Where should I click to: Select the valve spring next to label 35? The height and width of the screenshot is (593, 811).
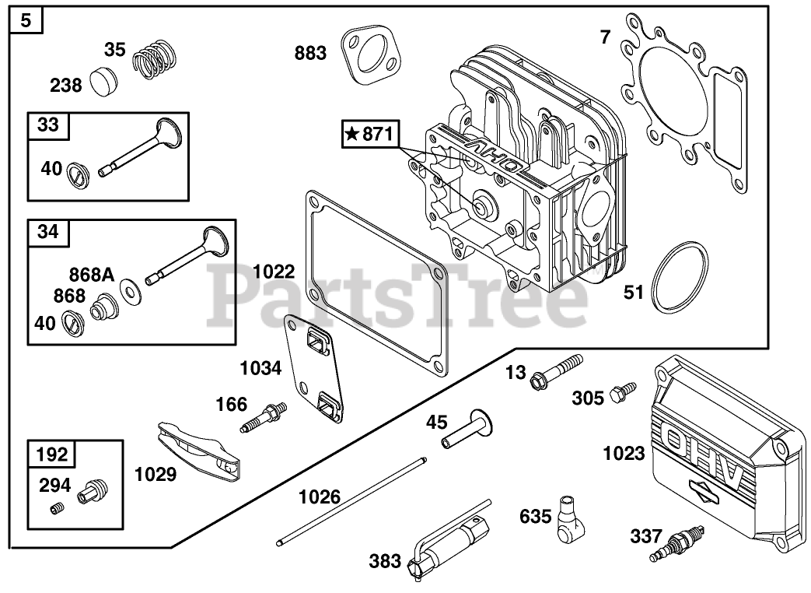coord(155,58)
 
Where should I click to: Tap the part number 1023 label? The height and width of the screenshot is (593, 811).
coord(624,453)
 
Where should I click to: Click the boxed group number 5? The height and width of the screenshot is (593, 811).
coord(26,20)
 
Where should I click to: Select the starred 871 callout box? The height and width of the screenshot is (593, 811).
coord(370,135)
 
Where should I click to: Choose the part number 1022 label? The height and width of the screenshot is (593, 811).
coord(274,272)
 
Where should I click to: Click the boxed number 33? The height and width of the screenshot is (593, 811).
coord(48,125)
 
